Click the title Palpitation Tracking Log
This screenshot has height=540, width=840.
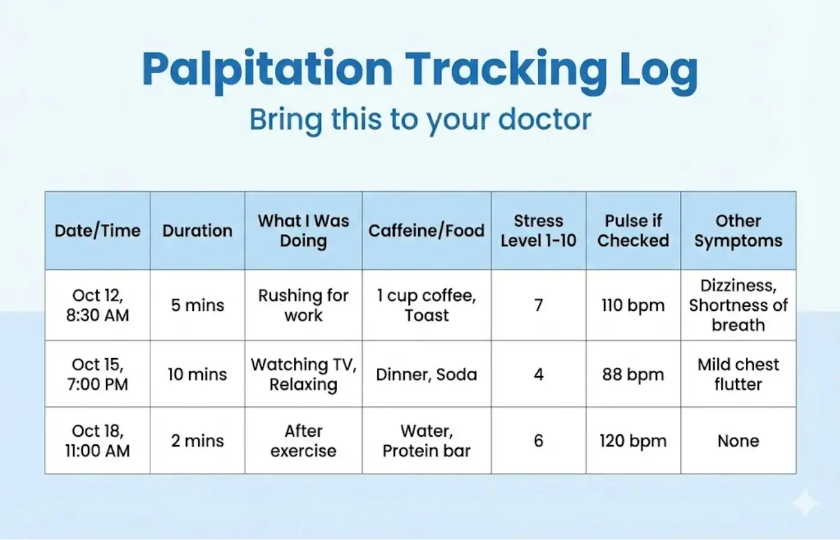[x=420, y=69]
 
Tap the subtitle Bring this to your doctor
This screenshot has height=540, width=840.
[x=420, y=119]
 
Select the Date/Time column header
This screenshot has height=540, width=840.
[x=97, y=230]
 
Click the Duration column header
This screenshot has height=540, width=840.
[x=197, y=230]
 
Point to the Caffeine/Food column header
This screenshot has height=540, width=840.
[x=426, y=230]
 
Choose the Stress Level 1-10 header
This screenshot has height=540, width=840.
[x=538, y=230]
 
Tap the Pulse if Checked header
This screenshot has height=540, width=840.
[x=633, y=230]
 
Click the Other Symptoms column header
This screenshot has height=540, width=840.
[x=738, y=230]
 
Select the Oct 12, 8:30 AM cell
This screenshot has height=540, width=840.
[x=97, y=305]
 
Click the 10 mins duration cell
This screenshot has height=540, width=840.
[x=197, y=374]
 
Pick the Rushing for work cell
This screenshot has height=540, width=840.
[x=303, y=305]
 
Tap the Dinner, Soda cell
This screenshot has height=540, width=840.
[x=426, y=374]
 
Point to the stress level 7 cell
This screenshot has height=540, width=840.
[x=538, y=305]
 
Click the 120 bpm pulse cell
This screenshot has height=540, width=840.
[x=633, y=441]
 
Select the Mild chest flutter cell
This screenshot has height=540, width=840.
[x=738, y=374]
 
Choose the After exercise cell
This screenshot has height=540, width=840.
[x=303, y=441]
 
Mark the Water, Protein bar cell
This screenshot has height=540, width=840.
[x=426, y=441]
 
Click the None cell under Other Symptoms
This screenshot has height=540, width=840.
[x=738, y=441]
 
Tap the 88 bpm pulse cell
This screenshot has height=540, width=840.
[x=633, y=374]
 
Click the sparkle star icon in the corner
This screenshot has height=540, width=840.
[x=805, y=503]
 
